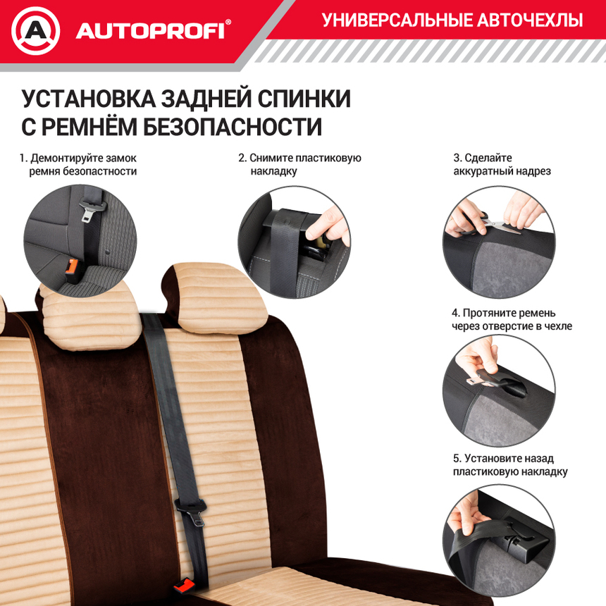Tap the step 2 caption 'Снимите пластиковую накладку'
pyautogui.click(x=299, y=164)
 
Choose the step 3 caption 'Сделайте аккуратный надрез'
pyautogui.click(x=502, y=164)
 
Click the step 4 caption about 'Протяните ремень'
pyautogui.click(x=512, y=319)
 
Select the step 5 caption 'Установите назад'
pyautogui.click(x=510, y=465)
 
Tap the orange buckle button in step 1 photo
pyautogui.click(x=72, y=266)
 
